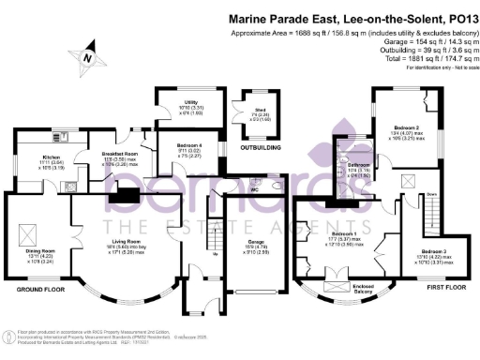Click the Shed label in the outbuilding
(258, 113)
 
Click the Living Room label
(115, 241)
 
